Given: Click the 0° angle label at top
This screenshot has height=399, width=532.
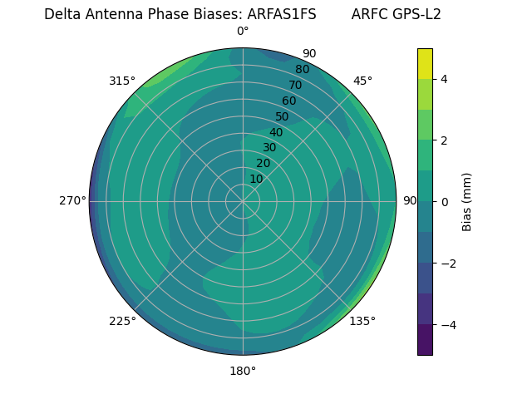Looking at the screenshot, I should (243, 32).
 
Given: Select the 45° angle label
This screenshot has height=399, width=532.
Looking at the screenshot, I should (362, 81).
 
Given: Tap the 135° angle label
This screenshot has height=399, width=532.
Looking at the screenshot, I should (362, 321).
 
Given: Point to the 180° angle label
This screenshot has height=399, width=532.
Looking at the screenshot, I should (243, 371).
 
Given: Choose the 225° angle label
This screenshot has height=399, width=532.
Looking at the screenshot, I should (122, 321).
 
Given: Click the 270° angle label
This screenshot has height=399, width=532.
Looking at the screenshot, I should (72, 200).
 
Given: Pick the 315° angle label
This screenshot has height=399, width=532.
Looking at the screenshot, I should (122, 81).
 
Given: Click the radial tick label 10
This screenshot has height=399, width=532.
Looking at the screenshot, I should (256, 179).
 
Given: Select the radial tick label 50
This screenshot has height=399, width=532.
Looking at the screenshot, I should (282, 117).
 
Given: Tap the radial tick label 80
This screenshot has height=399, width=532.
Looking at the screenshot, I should (302, 70).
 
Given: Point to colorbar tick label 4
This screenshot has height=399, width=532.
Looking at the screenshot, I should (444, 79).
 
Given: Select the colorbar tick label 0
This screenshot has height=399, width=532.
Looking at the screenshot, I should (444, 201).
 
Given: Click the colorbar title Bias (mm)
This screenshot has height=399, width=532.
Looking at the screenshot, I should (467, 201).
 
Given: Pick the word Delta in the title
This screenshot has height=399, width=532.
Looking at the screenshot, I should (62, 14).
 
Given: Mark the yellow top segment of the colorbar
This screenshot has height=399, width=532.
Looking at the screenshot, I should (425, 63).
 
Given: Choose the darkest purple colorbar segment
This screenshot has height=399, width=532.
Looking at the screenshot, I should (425, 340).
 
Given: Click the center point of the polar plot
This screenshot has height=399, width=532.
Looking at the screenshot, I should (243, 201).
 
